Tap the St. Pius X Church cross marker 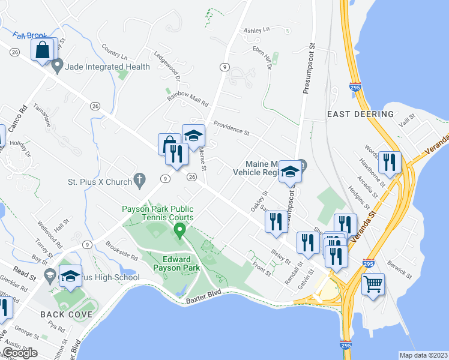(140, 179)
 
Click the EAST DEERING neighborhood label (360, 114)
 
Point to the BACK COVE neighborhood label (67, 314)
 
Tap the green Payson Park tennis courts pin (179, 230)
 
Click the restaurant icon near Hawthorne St (390, 162)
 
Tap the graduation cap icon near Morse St (194, 136)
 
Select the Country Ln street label (115, 52)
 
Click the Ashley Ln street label (256, 29)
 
